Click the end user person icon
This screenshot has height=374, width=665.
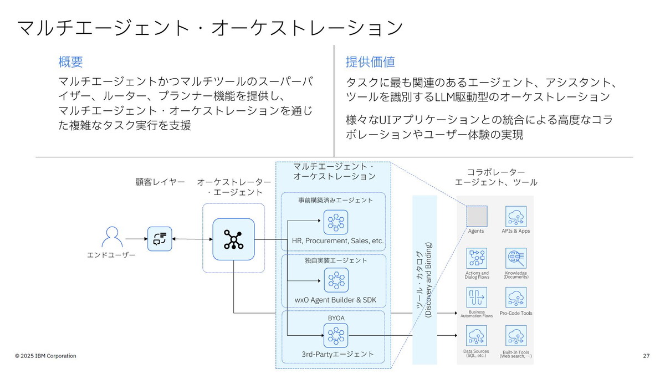(112, 237)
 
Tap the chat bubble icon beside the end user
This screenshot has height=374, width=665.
(160, 238)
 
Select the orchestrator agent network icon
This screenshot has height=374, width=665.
(233, 239)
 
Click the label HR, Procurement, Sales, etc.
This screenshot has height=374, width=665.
(337, 241)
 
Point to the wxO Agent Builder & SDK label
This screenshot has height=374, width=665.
(335, 300)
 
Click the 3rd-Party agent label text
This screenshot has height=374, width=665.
(337, 354)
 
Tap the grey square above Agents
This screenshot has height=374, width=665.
(476, 216)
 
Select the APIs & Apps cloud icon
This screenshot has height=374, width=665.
(515, 216)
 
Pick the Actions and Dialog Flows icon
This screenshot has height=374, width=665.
(477, 258)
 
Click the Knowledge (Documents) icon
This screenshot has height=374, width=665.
(515, 258)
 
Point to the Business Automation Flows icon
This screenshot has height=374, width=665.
(477, 298)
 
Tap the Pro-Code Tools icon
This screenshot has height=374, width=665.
(515, 298)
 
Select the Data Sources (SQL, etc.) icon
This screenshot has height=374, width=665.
(477, 336)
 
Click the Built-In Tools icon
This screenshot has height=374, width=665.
(515, 336)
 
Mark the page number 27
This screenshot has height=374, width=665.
(646, 356)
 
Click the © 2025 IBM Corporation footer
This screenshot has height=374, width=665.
(45, 356)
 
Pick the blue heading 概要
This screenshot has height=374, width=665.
(70, 62)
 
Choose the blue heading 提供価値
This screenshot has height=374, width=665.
(370, 62)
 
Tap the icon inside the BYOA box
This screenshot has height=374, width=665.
(336, 335)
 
